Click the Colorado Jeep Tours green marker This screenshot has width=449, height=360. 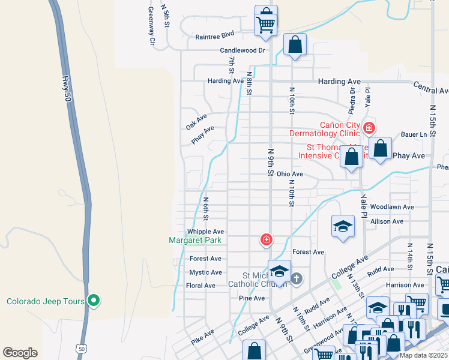pos(93,301)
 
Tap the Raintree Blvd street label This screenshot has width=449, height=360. pos(214,37)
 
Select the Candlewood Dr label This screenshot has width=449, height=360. pos(242,51)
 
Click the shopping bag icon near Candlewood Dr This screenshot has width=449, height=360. pos(295,44)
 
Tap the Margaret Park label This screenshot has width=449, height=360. pos(195,241)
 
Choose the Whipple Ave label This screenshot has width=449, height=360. pos(205,232)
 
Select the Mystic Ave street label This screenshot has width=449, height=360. pos(206,272)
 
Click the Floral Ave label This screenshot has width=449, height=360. pos(201,286)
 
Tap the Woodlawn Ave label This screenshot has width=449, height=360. pos(392,207)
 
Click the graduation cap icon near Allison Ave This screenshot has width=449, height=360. pos(343,226)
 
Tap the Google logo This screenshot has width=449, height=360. pos(20,353)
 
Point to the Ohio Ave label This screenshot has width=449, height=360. pos(289,174)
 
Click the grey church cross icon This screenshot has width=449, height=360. pos(297,278)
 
